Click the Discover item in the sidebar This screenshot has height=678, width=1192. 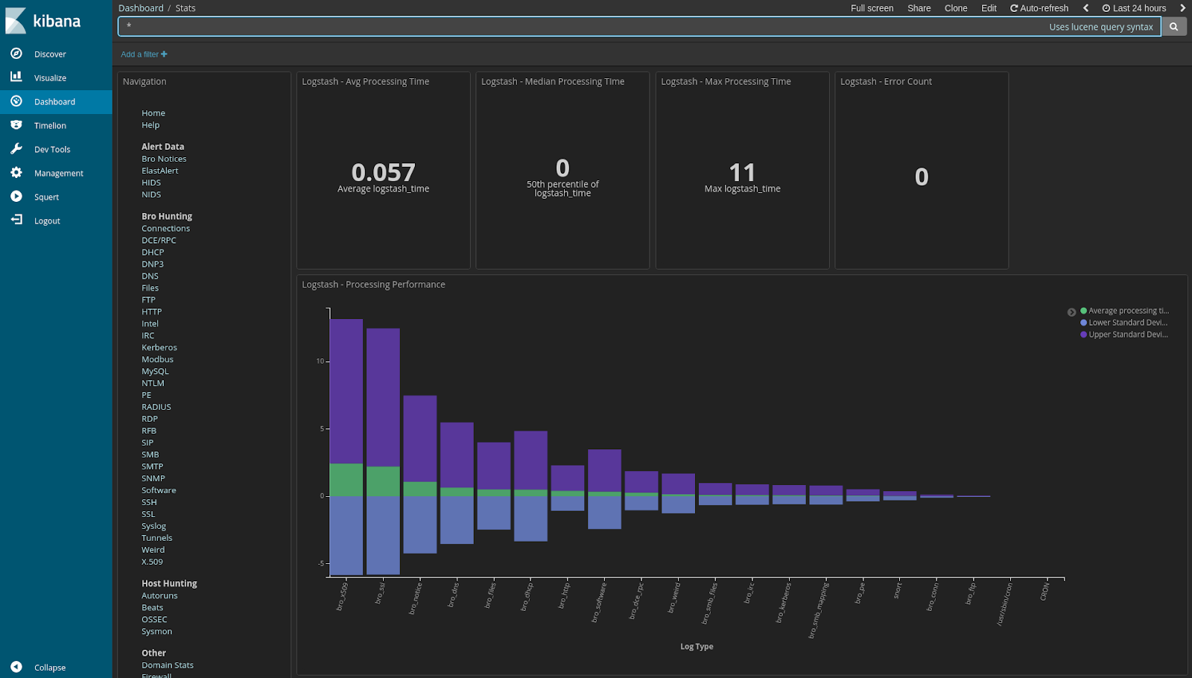coord(49,54)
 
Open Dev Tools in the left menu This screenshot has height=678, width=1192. coord(51,150)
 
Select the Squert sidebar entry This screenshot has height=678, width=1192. coord(46,197)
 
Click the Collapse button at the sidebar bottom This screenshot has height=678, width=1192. coord(49,668)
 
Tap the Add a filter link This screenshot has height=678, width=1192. coord(144,54)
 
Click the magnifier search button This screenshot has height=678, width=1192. coord(1173,27)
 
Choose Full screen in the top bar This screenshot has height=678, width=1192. coord(872,8)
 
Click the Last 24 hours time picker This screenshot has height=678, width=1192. coord(1134,8)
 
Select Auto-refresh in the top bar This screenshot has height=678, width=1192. coord(1039,8)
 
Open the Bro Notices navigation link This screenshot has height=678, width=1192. coord(164,159)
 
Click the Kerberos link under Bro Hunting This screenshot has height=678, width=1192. coord(159,348)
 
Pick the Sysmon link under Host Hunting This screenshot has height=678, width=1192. coord(156,632)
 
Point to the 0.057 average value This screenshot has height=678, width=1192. coord(383,173)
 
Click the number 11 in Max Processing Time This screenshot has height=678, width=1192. coord(742,173)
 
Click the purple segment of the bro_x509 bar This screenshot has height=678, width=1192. coord(346,391)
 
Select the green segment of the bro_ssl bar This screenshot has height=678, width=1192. coord(383,481)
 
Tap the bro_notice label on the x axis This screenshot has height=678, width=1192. coord(415,598)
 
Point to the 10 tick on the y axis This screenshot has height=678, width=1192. coord(320,361)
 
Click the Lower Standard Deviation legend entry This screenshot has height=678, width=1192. coord(1127,323)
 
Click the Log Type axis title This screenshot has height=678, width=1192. coord(697,647)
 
